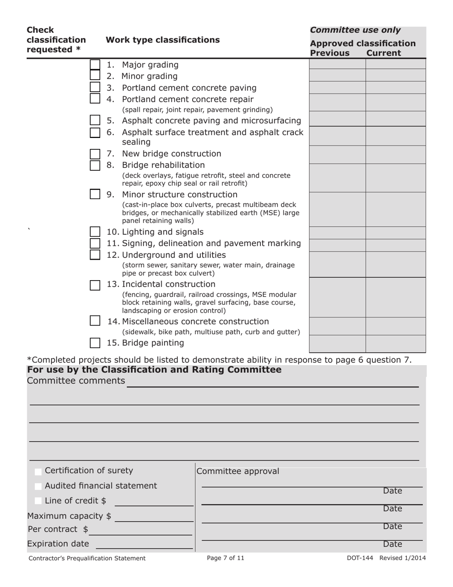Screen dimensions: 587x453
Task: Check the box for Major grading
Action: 95,64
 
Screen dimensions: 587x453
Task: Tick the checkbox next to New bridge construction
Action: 95,154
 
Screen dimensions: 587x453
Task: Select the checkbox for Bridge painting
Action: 95,343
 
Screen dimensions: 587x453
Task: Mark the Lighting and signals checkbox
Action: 95,232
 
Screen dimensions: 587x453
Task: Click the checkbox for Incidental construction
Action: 95,285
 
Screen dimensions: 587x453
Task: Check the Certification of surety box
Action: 38,472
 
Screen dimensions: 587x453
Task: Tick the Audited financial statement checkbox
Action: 38,486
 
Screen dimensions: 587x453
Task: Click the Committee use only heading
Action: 355,30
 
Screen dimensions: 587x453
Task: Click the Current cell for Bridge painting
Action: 395,344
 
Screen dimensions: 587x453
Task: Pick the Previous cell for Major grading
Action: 337,64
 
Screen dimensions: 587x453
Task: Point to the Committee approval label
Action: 238,472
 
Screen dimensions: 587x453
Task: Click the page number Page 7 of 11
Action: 226,558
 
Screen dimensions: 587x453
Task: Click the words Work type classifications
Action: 163,40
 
